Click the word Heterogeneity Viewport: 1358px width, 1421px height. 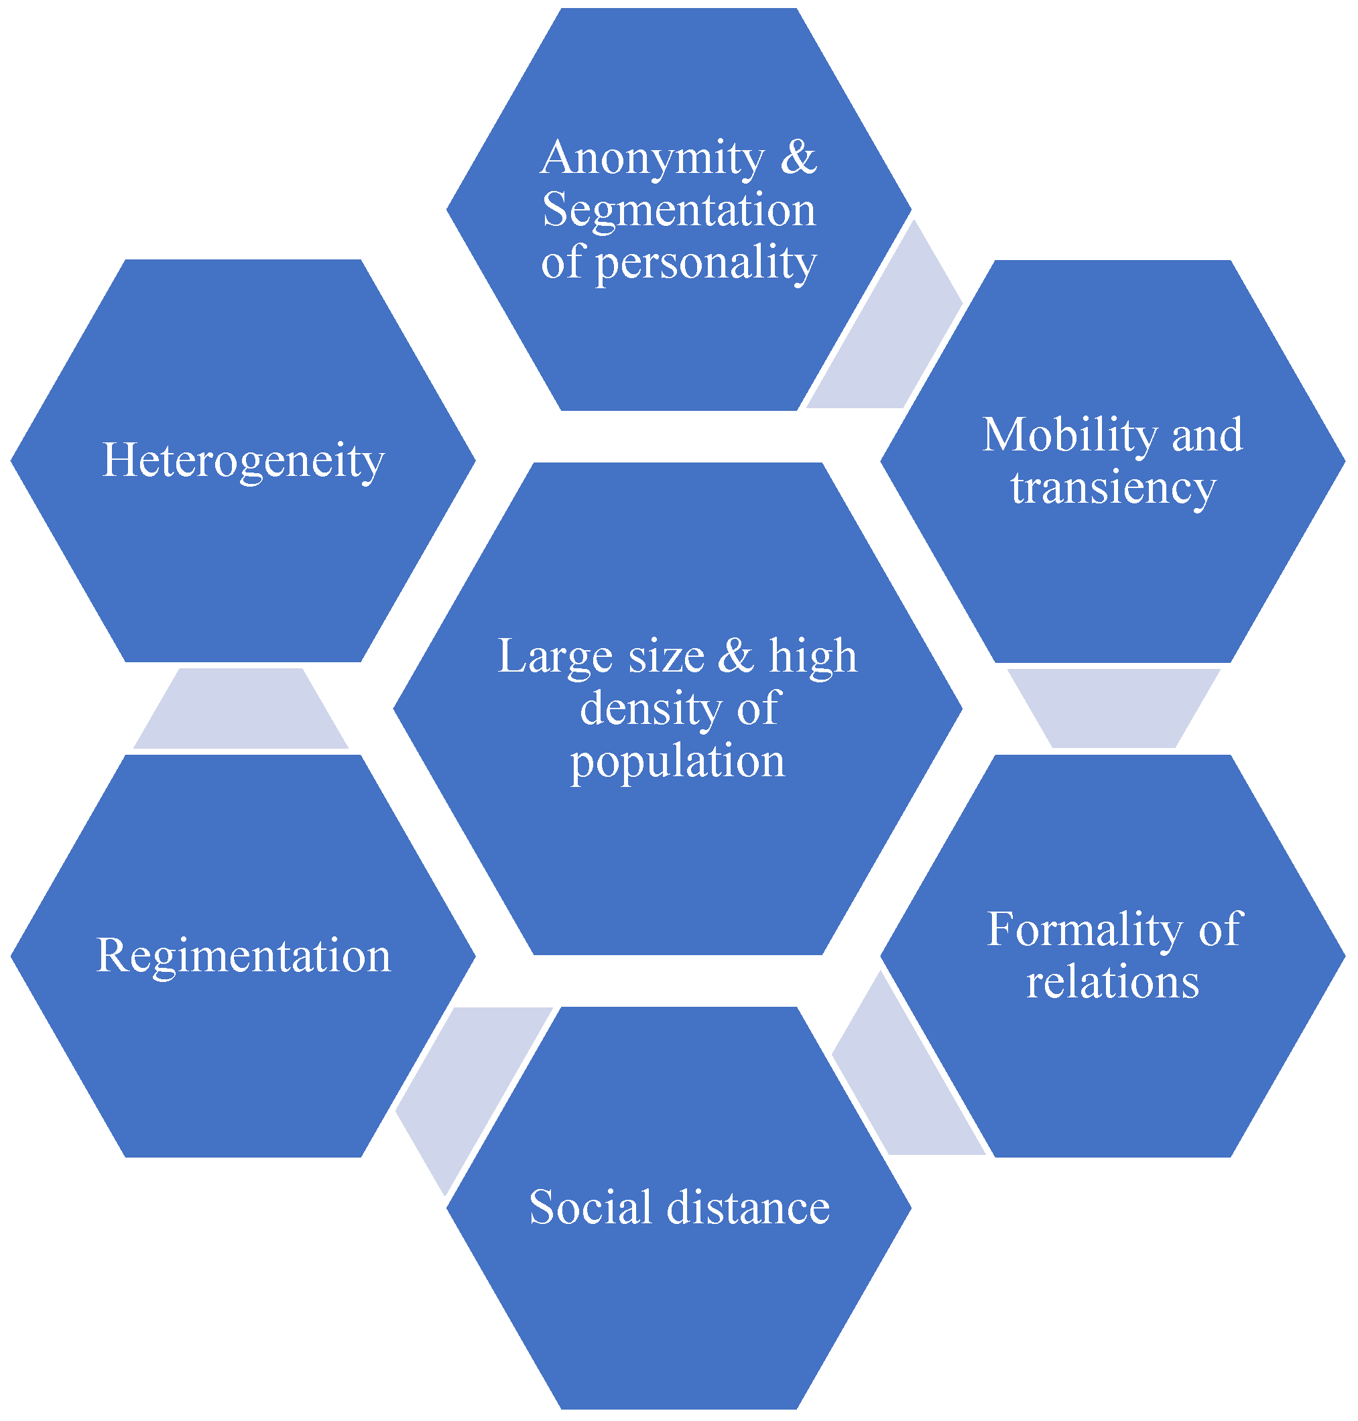243,460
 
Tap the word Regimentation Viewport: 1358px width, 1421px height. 243,956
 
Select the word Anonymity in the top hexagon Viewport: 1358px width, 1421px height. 652,158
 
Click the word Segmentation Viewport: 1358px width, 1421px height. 679,210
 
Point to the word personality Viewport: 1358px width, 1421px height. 706,263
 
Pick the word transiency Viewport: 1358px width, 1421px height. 1113,488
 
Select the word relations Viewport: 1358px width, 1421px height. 1113,983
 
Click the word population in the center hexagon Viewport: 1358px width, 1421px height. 678,761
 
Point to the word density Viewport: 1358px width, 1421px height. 651,708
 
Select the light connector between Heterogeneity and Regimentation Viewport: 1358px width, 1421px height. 241,708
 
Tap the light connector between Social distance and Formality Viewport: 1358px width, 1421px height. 905,1078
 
